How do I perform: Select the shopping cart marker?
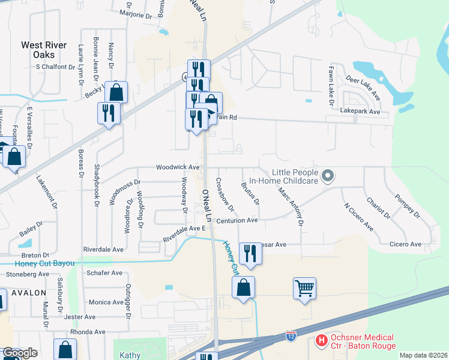305,289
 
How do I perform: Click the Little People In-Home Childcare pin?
328,176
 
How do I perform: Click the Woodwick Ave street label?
178,167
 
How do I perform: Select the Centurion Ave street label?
237,220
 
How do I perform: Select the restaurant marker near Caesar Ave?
250,254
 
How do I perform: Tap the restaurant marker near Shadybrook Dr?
109,113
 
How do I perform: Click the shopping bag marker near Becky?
116,92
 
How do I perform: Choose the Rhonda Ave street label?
88,332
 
